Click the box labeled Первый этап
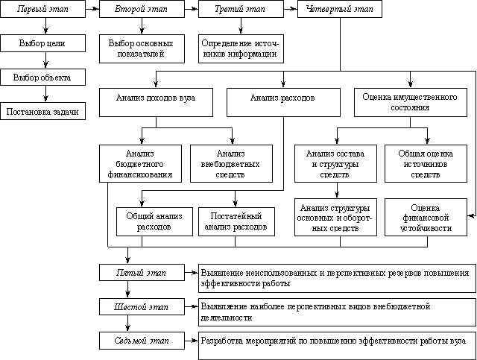[x=43, y=9]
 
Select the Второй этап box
[x=142, y=9]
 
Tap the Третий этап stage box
[x=241, y=9]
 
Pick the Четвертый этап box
[x=340, y=9]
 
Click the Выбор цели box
[x=43, y=43]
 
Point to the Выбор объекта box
[x=43, y=77]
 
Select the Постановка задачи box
[x=43, y=111]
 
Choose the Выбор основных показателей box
[x=142, y=48]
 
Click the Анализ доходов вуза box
[x=156, y=103]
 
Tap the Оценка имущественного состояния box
[x=411, y=103]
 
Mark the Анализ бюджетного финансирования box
[x=141, y=164]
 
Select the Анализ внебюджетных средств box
[x=231, y=164]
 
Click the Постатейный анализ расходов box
[x=237, y=222]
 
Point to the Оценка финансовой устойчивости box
[x=426, y=218]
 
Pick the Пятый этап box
[x=142, y=272]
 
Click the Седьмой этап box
[x=142, y=341]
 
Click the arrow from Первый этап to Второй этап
[x=92, y=9]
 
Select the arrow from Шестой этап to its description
[x=192, y=307]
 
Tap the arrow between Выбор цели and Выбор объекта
[x=45, y=60]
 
